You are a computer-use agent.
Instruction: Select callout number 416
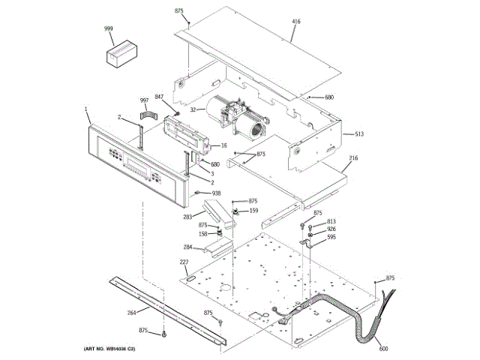[x=295, y=22]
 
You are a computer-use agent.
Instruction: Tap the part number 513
[x=359, y=134]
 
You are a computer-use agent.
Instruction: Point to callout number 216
[x=354, y=159]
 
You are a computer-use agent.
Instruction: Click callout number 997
[x=144, y=101]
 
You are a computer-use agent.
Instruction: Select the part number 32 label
[x=193, y=110]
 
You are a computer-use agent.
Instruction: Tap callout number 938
[x=217, y=193]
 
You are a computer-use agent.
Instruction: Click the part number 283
[x=189, y=217]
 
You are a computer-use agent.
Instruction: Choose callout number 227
[x=184, y=262]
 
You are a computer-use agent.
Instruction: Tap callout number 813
[x=331, y=222]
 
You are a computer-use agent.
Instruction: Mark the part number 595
[x=331, y=237]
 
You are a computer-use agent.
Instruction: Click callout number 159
[x=253, y=211]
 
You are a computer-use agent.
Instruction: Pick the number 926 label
[x=331, y=229]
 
